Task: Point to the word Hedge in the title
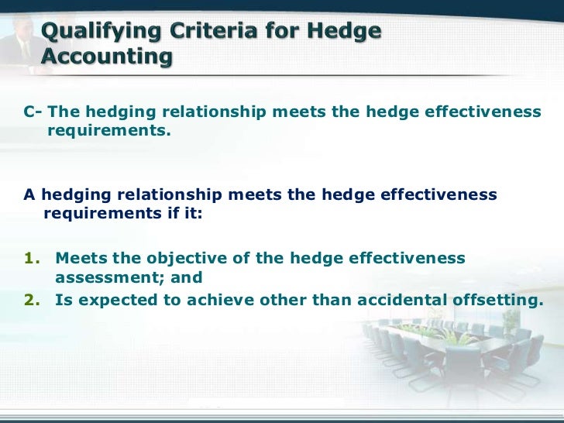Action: pyautogui.click(x=346, y=33)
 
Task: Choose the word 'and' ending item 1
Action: pyautogui.click(x=187, y=278)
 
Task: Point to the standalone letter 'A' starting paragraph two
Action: pyautogui.click(x=29, y=194)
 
